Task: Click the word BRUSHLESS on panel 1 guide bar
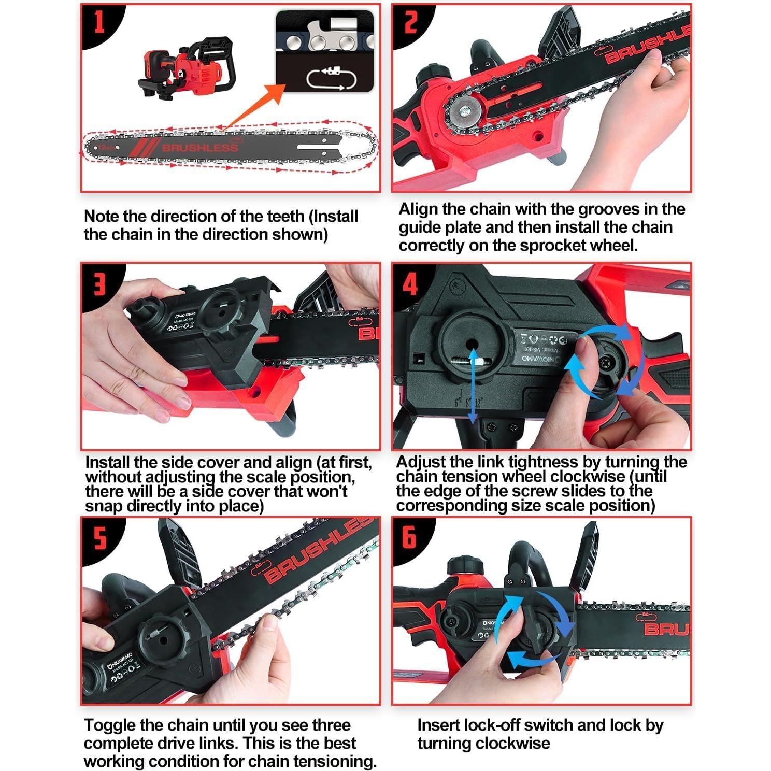click(200, 148)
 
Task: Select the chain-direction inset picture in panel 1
click(324, 51)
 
